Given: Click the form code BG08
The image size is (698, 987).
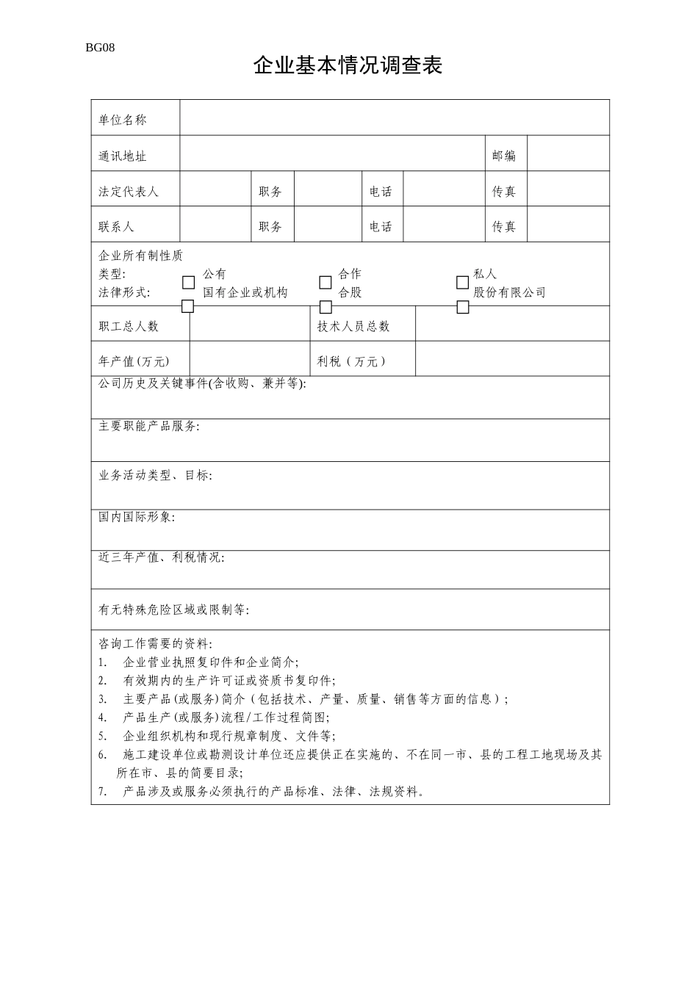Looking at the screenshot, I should pos(100,48).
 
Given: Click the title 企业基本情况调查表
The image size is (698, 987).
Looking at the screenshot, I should pos(348,66).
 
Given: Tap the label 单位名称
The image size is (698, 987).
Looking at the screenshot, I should pos(123,120).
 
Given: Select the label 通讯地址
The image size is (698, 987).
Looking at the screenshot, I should pos(123,156).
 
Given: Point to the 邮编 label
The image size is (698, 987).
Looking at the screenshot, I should pos(504,156).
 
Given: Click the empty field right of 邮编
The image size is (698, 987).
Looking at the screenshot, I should pos(568,154).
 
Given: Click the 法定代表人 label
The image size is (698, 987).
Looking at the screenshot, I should pos(129,192).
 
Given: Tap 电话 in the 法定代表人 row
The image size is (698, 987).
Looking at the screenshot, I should pos(381,192).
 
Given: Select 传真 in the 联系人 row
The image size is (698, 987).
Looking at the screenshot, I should pos(504,227).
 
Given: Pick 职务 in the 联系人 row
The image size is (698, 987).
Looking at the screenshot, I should pos(270,227).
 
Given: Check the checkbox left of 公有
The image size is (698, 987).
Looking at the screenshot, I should pos(189,282).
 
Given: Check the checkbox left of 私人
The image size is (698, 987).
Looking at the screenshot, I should pos(462,282).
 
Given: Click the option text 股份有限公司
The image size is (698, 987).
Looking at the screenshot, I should pos(509,292).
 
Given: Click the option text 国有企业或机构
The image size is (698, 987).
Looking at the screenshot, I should pos(245,292).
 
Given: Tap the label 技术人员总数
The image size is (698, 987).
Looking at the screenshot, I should pos(353,326).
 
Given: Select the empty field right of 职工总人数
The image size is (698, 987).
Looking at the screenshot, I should pos(248,325).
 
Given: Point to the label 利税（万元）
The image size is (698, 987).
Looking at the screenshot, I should pos(351,361).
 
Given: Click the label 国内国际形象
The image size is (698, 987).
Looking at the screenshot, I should pos(137,517).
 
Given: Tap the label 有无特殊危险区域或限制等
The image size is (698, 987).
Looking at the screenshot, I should pos(173,610).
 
